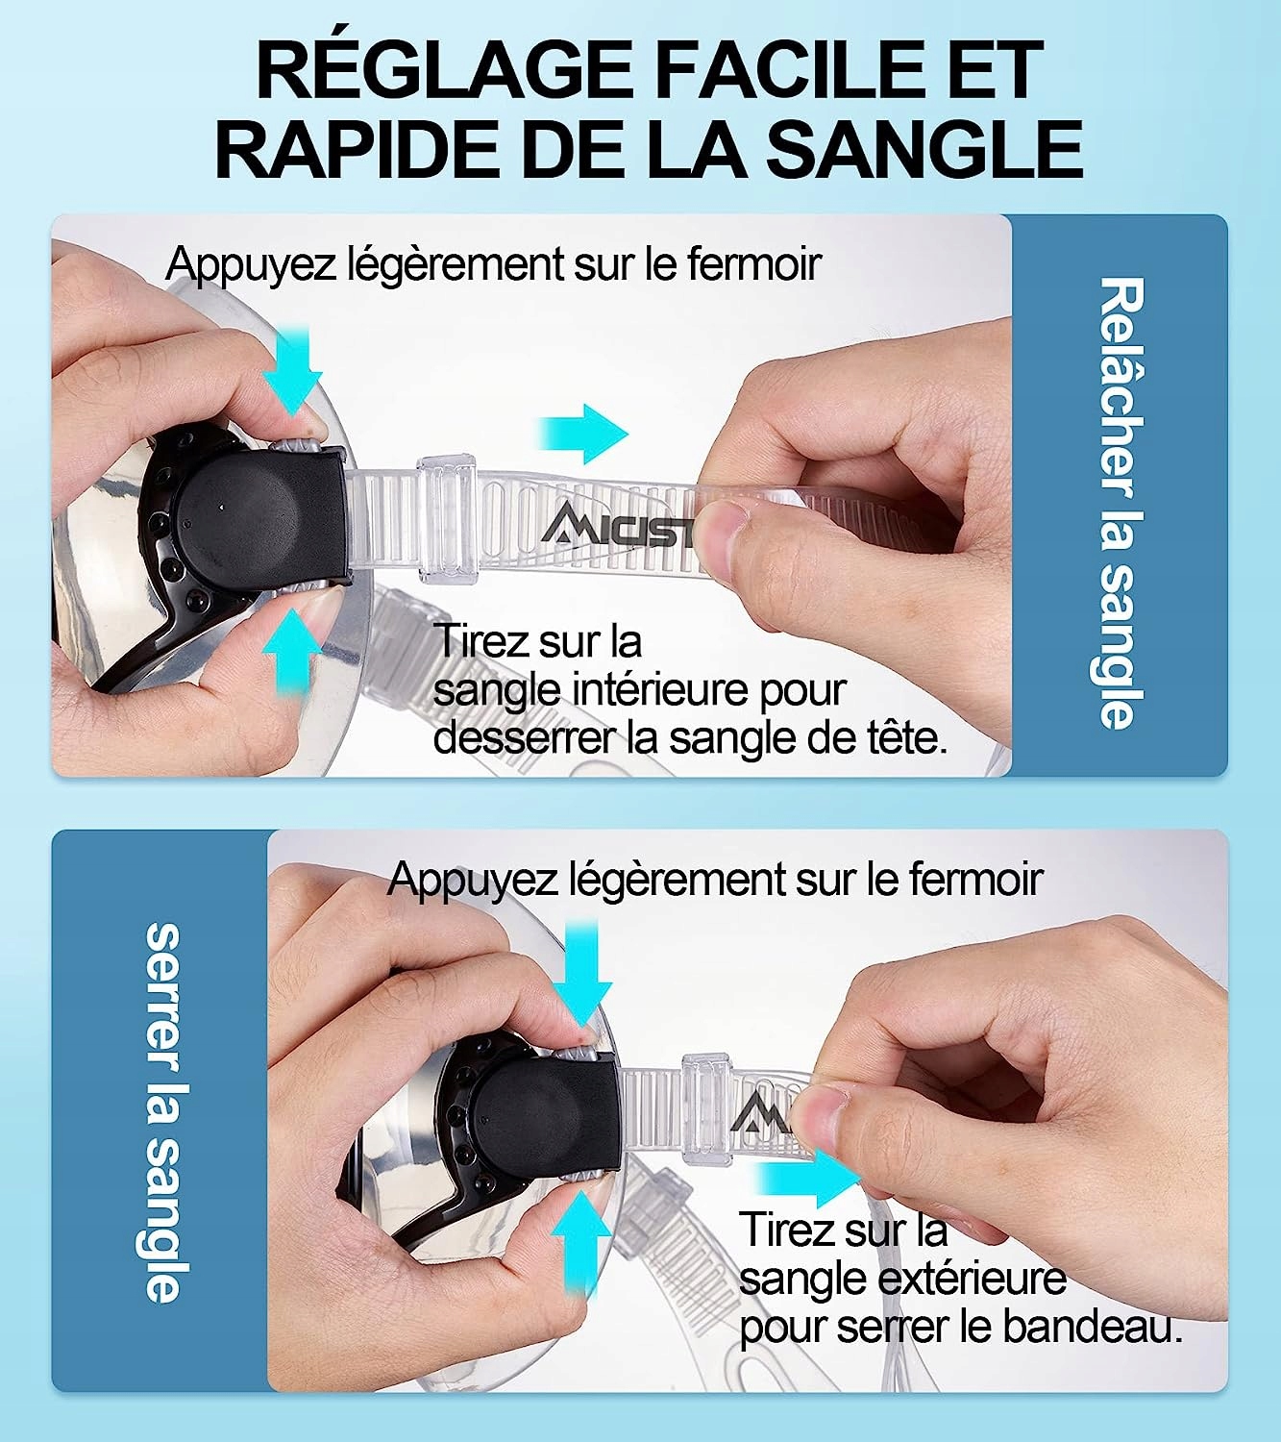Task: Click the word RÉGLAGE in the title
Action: [x=444, y=70]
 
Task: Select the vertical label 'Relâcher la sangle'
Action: [x=1121, y=503]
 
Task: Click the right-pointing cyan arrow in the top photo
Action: [x=583, y=434]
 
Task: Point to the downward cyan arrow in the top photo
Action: [x=292, y=371]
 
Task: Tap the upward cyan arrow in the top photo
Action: [x=292, y=652]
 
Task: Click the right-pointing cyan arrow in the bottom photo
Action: [x=808, y=1178]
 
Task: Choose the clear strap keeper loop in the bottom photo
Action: [x=706, y=1109]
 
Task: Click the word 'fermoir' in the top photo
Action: [x=754, y=264]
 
